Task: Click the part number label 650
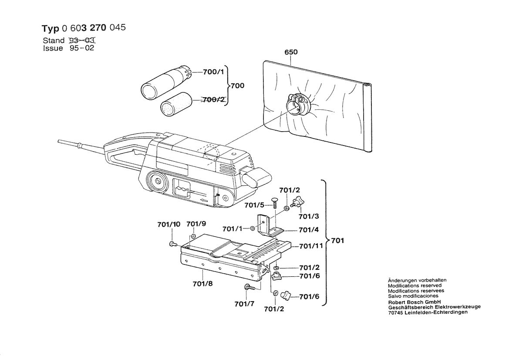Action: point(291,52)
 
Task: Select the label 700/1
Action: point(213,72)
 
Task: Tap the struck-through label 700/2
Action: point(213,100)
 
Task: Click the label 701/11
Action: point(311,246)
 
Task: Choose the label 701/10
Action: point(169,225)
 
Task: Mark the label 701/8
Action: point(202,284)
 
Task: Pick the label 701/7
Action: point(244,303)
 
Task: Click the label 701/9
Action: point(196,224)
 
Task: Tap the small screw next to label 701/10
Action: point(172,243)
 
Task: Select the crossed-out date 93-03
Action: point(82,41)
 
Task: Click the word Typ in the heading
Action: point(51,29)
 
